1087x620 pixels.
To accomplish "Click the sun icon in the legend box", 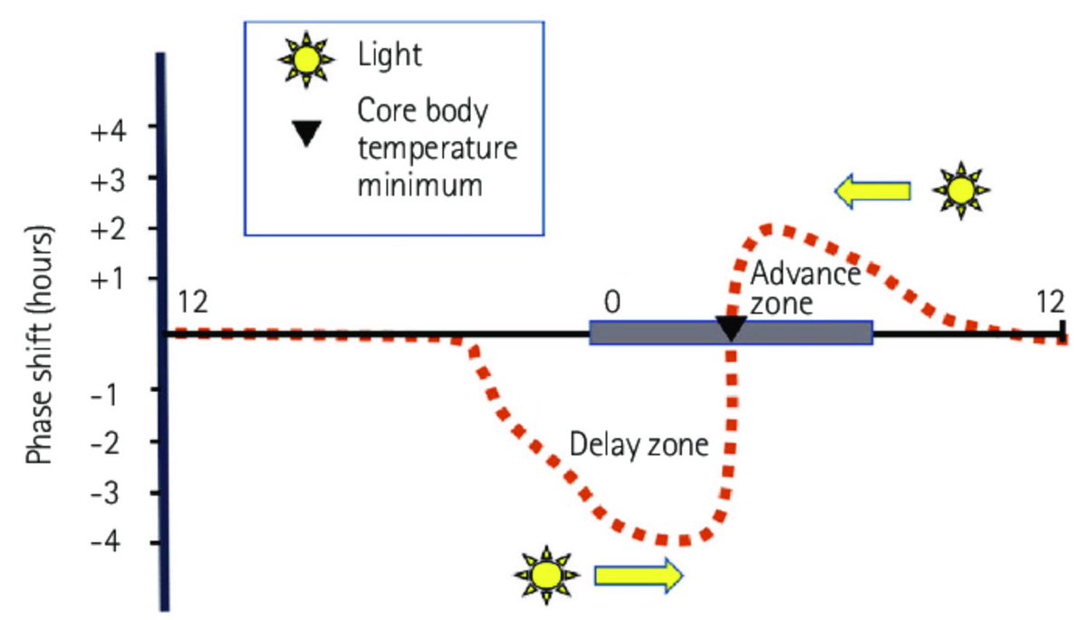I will (x=306, y=60).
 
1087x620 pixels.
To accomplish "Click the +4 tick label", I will (x=113, y=129).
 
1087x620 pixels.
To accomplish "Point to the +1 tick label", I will (x=113, y=279).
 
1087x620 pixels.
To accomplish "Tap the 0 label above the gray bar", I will (x=612, y=300).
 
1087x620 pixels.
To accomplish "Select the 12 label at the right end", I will (x=1051, y=300).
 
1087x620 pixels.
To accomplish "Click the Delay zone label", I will (x=639, y=445).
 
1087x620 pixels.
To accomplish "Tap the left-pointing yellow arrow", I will (x=872, y=190).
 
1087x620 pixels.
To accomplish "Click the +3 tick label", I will (x=113, y=178).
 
